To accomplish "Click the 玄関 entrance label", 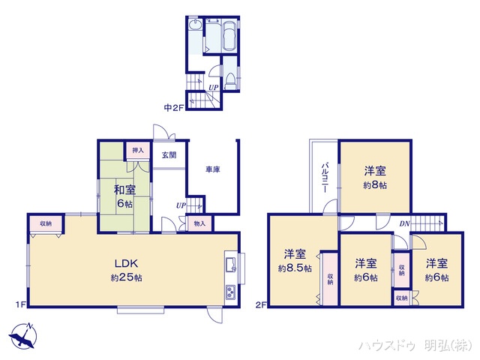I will coord(169,155).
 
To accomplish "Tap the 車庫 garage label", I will coord(213,170).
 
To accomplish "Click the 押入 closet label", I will coord(137,150).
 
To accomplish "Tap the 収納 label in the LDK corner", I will coord(46,223).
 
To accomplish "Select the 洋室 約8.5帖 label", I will coord(295,260).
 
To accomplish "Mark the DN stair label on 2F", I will coord(404,223).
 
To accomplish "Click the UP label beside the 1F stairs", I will coord(181,205).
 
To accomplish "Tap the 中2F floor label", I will coord(174,107).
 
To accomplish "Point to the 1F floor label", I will coord(22,304).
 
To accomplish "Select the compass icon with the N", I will coord(23,334).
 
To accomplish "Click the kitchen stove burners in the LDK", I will coord(229,292).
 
